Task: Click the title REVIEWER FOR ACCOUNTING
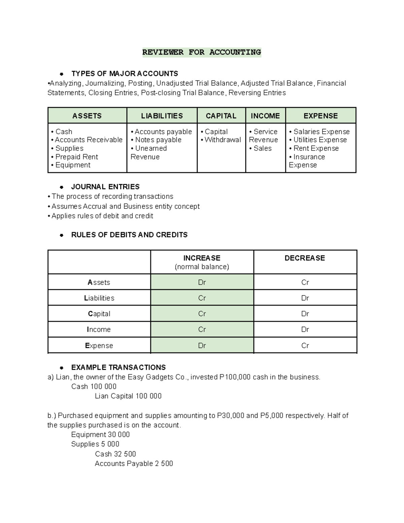pos(201,52)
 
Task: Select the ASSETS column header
pos(87,116)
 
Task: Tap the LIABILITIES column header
pos(162,116)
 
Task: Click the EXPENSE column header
pos(321,116)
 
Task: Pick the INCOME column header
pos(265,116)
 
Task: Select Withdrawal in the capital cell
pos(223,140)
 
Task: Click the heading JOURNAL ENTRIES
pos(105,187)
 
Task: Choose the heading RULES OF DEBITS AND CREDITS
pos(129,235)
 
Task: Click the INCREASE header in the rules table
pos(202,258)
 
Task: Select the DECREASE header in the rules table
pos(305,258)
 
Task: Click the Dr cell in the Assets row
pos(202,282)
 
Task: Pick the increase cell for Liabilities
pos(202,298)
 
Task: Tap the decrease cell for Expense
pos(305,346)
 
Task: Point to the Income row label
pos(99,329)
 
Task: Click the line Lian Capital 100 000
pos(128,396)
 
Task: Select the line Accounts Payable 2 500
pos(134,464)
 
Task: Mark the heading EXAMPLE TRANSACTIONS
pos(118,367)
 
